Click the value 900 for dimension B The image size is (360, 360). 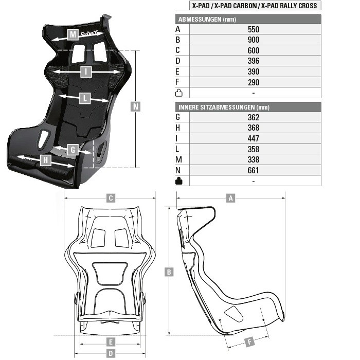[254, 40]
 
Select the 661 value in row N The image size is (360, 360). [253, 170]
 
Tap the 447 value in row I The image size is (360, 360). [254, 138]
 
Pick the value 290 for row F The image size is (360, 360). [254, 82]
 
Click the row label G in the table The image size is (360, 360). [178, 117]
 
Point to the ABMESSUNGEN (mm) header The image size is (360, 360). [207, 20]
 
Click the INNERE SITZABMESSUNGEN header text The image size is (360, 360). [217, 107]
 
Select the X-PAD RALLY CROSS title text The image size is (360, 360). [289, 6]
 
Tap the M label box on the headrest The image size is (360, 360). [73, 34]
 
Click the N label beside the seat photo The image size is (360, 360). [135, 106]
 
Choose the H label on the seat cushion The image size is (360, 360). [45, 160]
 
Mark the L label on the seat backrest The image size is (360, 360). [85, 99]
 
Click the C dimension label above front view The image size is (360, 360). [111, 198]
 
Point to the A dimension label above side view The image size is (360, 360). [230, 198]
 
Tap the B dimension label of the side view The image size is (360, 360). [169, 272]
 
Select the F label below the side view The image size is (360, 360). [249, 342]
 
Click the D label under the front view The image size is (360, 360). [111, 353]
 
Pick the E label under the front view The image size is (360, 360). [111, 342]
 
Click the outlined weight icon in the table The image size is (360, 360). [179, 93]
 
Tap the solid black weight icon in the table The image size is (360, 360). [179, 181]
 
